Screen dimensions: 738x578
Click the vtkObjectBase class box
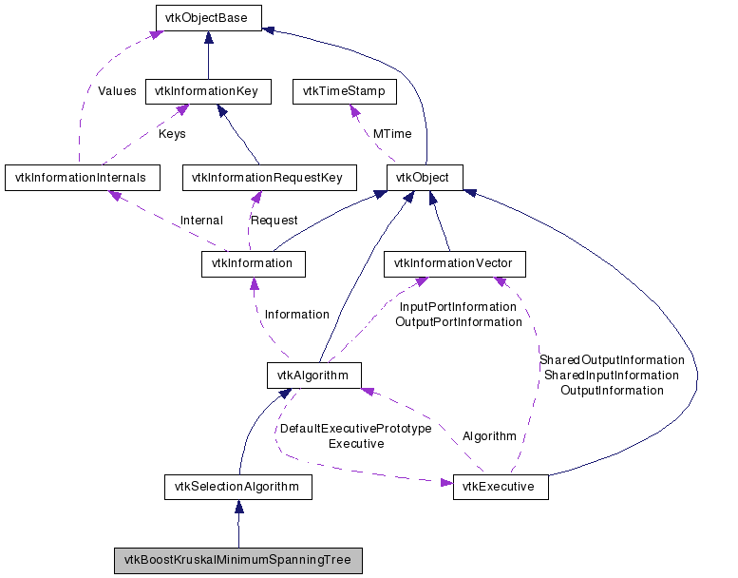click(209, 18)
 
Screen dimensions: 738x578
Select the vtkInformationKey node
click(208, 91)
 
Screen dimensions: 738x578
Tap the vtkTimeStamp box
click(345, 91)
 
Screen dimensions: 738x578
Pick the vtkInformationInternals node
click(83, 178)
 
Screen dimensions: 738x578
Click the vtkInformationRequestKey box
click(269, 178)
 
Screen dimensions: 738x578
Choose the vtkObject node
click(425, 178)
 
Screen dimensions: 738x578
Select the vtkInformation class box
click(254, 263)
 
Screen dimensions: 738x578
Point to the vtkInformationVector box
click(455, 263)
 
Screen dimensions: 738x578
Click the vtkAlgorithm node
click(314, 376)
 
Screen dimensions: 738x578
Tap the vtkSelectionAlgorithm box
click(238, 487)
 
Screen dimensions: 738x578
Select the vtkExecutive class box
click(501, 487)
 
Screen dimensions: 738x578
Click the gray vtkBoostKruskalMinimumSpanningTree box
click(238, 561)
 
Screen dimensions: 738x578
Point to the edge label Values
click(117, 91)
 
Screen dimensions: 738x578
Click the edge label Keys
click(172, 134)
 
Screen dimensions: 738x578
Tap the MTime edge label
click(392, 134)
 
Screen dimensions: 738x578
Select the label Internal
click(201, 221)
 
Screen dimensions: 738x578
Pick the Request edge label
click(274, 221)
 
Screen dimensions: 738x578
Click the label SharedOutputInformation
click(612, 360)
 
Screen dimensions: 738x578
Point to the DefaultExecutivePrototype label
click(356, 429)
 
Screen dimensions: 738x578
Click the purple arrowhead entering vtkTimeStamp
click(354, 110)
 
